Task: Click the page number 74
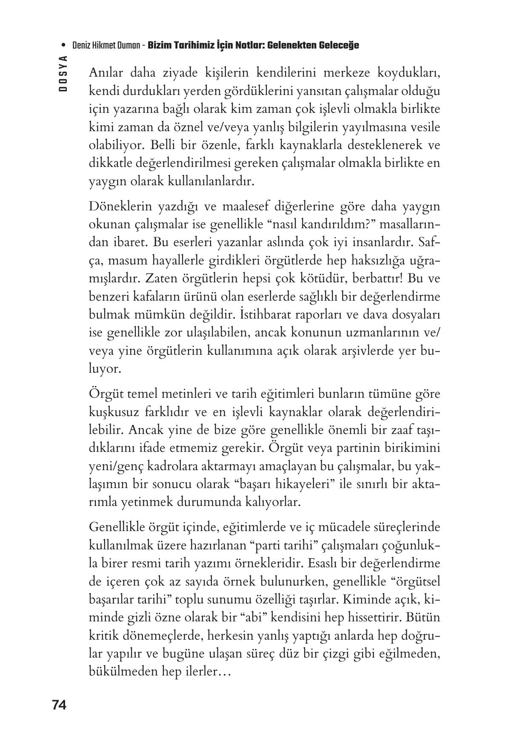(59, 705)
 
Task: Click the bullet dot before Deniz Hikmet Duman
(63, 45)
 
